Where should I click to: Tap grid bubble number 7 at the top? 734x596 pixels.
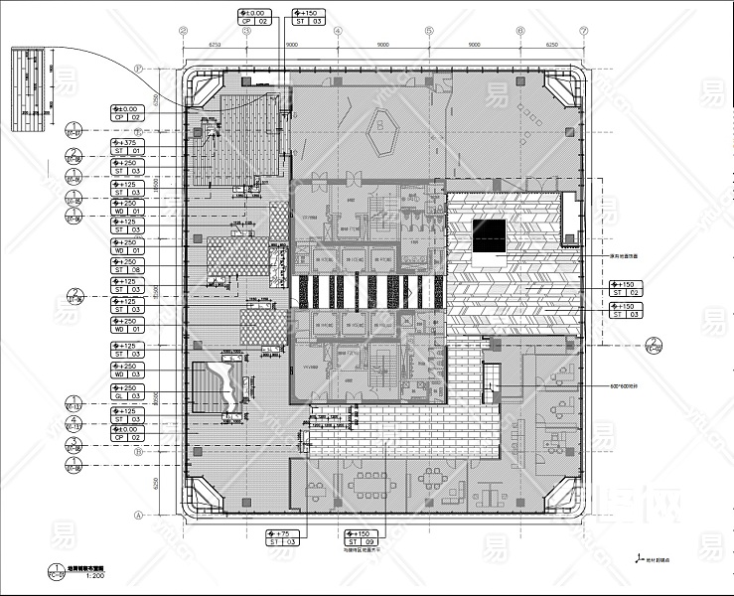click(x=584, y=31)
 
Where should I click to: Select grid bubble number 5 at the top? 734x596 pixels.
click(x=429, y=31)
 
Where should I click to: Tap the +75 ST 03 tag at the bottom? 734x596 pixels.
click(x=283, y=537)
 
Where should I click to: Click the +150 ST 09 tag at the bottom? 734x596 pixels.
click(x=359, y=537)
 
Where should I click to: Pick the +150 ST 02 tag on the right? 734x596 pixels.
click(x=626, y=288)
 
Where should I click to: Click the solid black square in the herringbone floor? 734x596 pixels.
click(x=489, y=236)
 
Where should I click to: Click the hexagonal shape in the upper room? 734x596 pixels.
click(x=382, y=126)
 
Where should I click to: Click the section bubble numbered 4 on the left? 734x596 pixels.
click(x=73, y=422)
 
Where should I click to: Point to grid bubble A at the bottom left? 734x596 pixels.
click(x=140, y=514)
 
